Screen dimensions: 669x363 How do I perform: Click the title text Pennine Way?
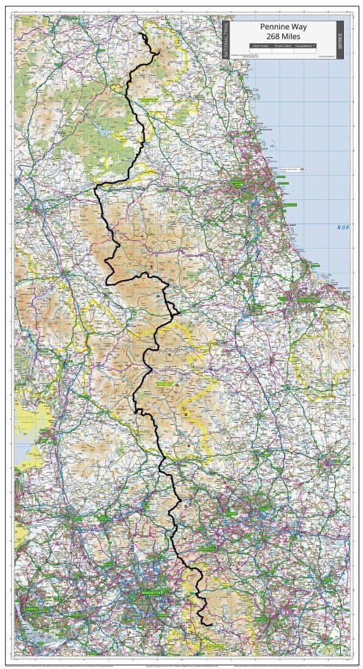tap(284, 26)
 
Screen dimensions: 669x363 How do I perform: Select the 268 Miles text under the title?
tap(284, 36)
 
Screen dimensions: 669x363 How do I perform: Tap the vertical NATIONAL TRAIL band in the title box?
tap(226, 38)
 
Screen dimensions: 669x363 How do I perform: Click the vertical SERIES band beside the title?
tap(339, 38)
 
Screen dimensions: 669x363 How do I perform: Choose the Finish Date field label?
tap(283, 46)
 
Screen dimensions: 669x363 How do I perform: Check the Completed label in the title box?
tap(306, 46)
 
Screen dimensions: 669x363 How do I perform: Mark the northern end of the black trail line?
tap(142, 34)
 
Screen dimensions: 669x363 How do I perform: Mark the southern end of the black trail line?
tap(212, 624)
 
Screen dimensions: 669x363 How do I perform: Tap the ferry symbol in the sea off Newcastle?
tap(302, 170)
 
